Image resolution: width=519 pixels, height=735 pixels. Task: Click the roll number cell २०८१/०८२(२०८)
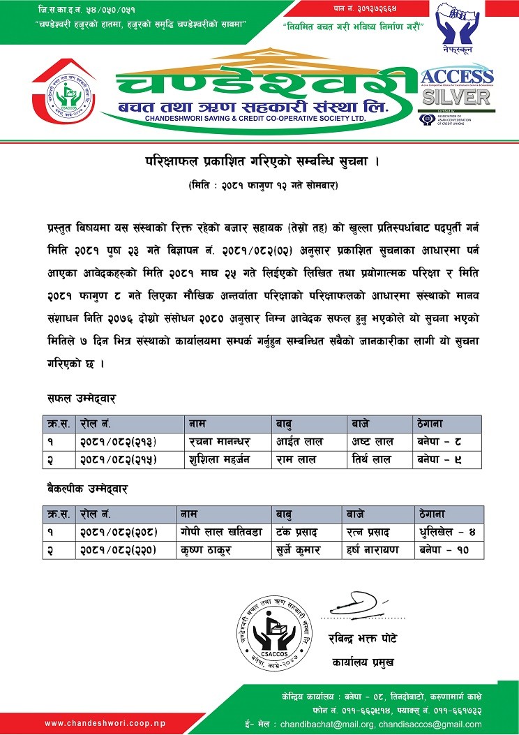tap(119, 533)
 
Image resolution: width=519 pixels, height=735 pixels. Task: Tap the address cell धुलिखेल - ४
tap(447, 533)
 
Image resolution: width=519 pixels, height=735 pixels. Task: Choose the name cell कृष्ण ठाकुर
tap(207, 550)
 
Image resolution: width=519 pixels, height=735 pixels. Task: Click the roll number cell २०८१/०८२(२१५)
tap(119, 459)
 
